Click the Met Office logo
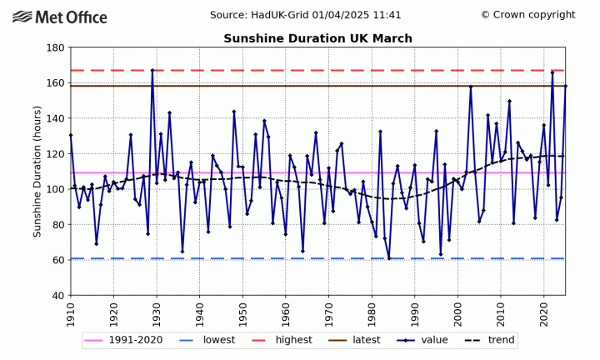pyautogui.click(x=60, y=17)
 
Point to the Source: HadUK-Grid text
pyautogui.click(x=305, y=15)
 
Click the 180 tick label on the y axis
pyautogui.click(x=56, y=47)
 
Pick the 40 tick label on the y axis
pyautogui.click(x=59, y=295)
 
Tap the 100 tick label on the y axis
pyautogui.click(x=56, y=189)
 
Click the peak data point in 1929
pyautogui.click(x=152, y=71)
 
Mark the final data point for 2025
pyautogui.click(x=565, y=86)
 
